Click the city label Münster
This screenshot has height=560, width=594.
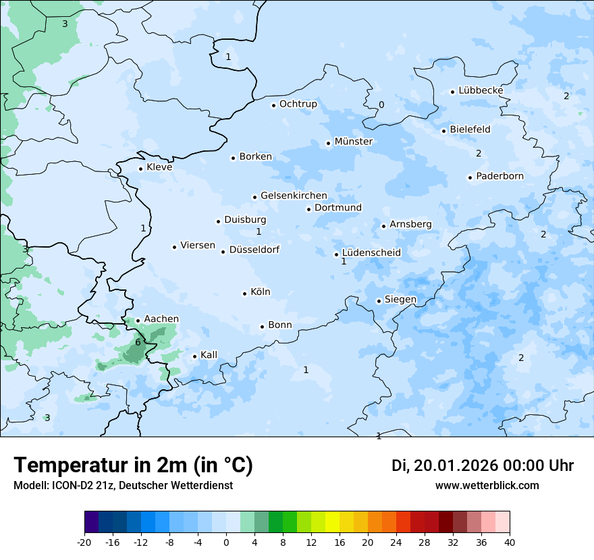click(353, 142)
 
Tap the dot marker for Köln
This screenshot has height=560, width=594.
click(244, 293)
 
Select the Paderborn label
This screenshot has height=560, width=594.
click(500, 176)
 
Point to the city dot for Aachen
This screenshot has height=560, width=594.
click(138, 320)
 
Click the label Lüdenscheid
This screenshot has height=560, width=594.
click(371, 253)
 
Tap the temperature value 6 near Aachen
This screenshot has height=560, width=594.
click(138, 342)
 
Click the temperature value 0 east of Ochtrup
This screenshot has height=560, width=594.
click(381, 105)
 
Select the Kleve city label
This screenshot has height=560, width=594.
click(159, 167)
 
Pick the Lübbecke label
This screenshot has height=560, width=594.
click(481, 90)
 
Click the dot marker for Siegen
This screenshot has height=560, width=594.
click(379, 301)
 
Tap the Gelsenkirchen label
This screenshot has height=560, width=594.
click(294, 196)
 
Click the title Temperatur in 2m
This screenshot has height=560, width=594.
click(133, 465)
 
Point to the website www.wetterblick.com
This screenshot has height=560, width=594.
click(487, 485)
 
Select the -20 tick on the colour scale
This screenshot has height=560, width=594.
click(84, 542)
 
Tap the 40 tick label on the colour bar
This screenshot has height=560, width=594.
click(510, 542)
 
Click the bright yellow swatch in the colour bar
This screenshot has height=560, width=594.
click(332, 522)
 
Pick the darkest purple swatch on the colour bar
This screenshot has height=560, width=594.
click(91, 522)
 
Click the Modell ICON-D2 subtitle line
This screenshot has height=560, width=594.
click(123, 485)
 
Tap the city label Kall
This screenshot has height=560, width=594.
click(209, 355)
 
